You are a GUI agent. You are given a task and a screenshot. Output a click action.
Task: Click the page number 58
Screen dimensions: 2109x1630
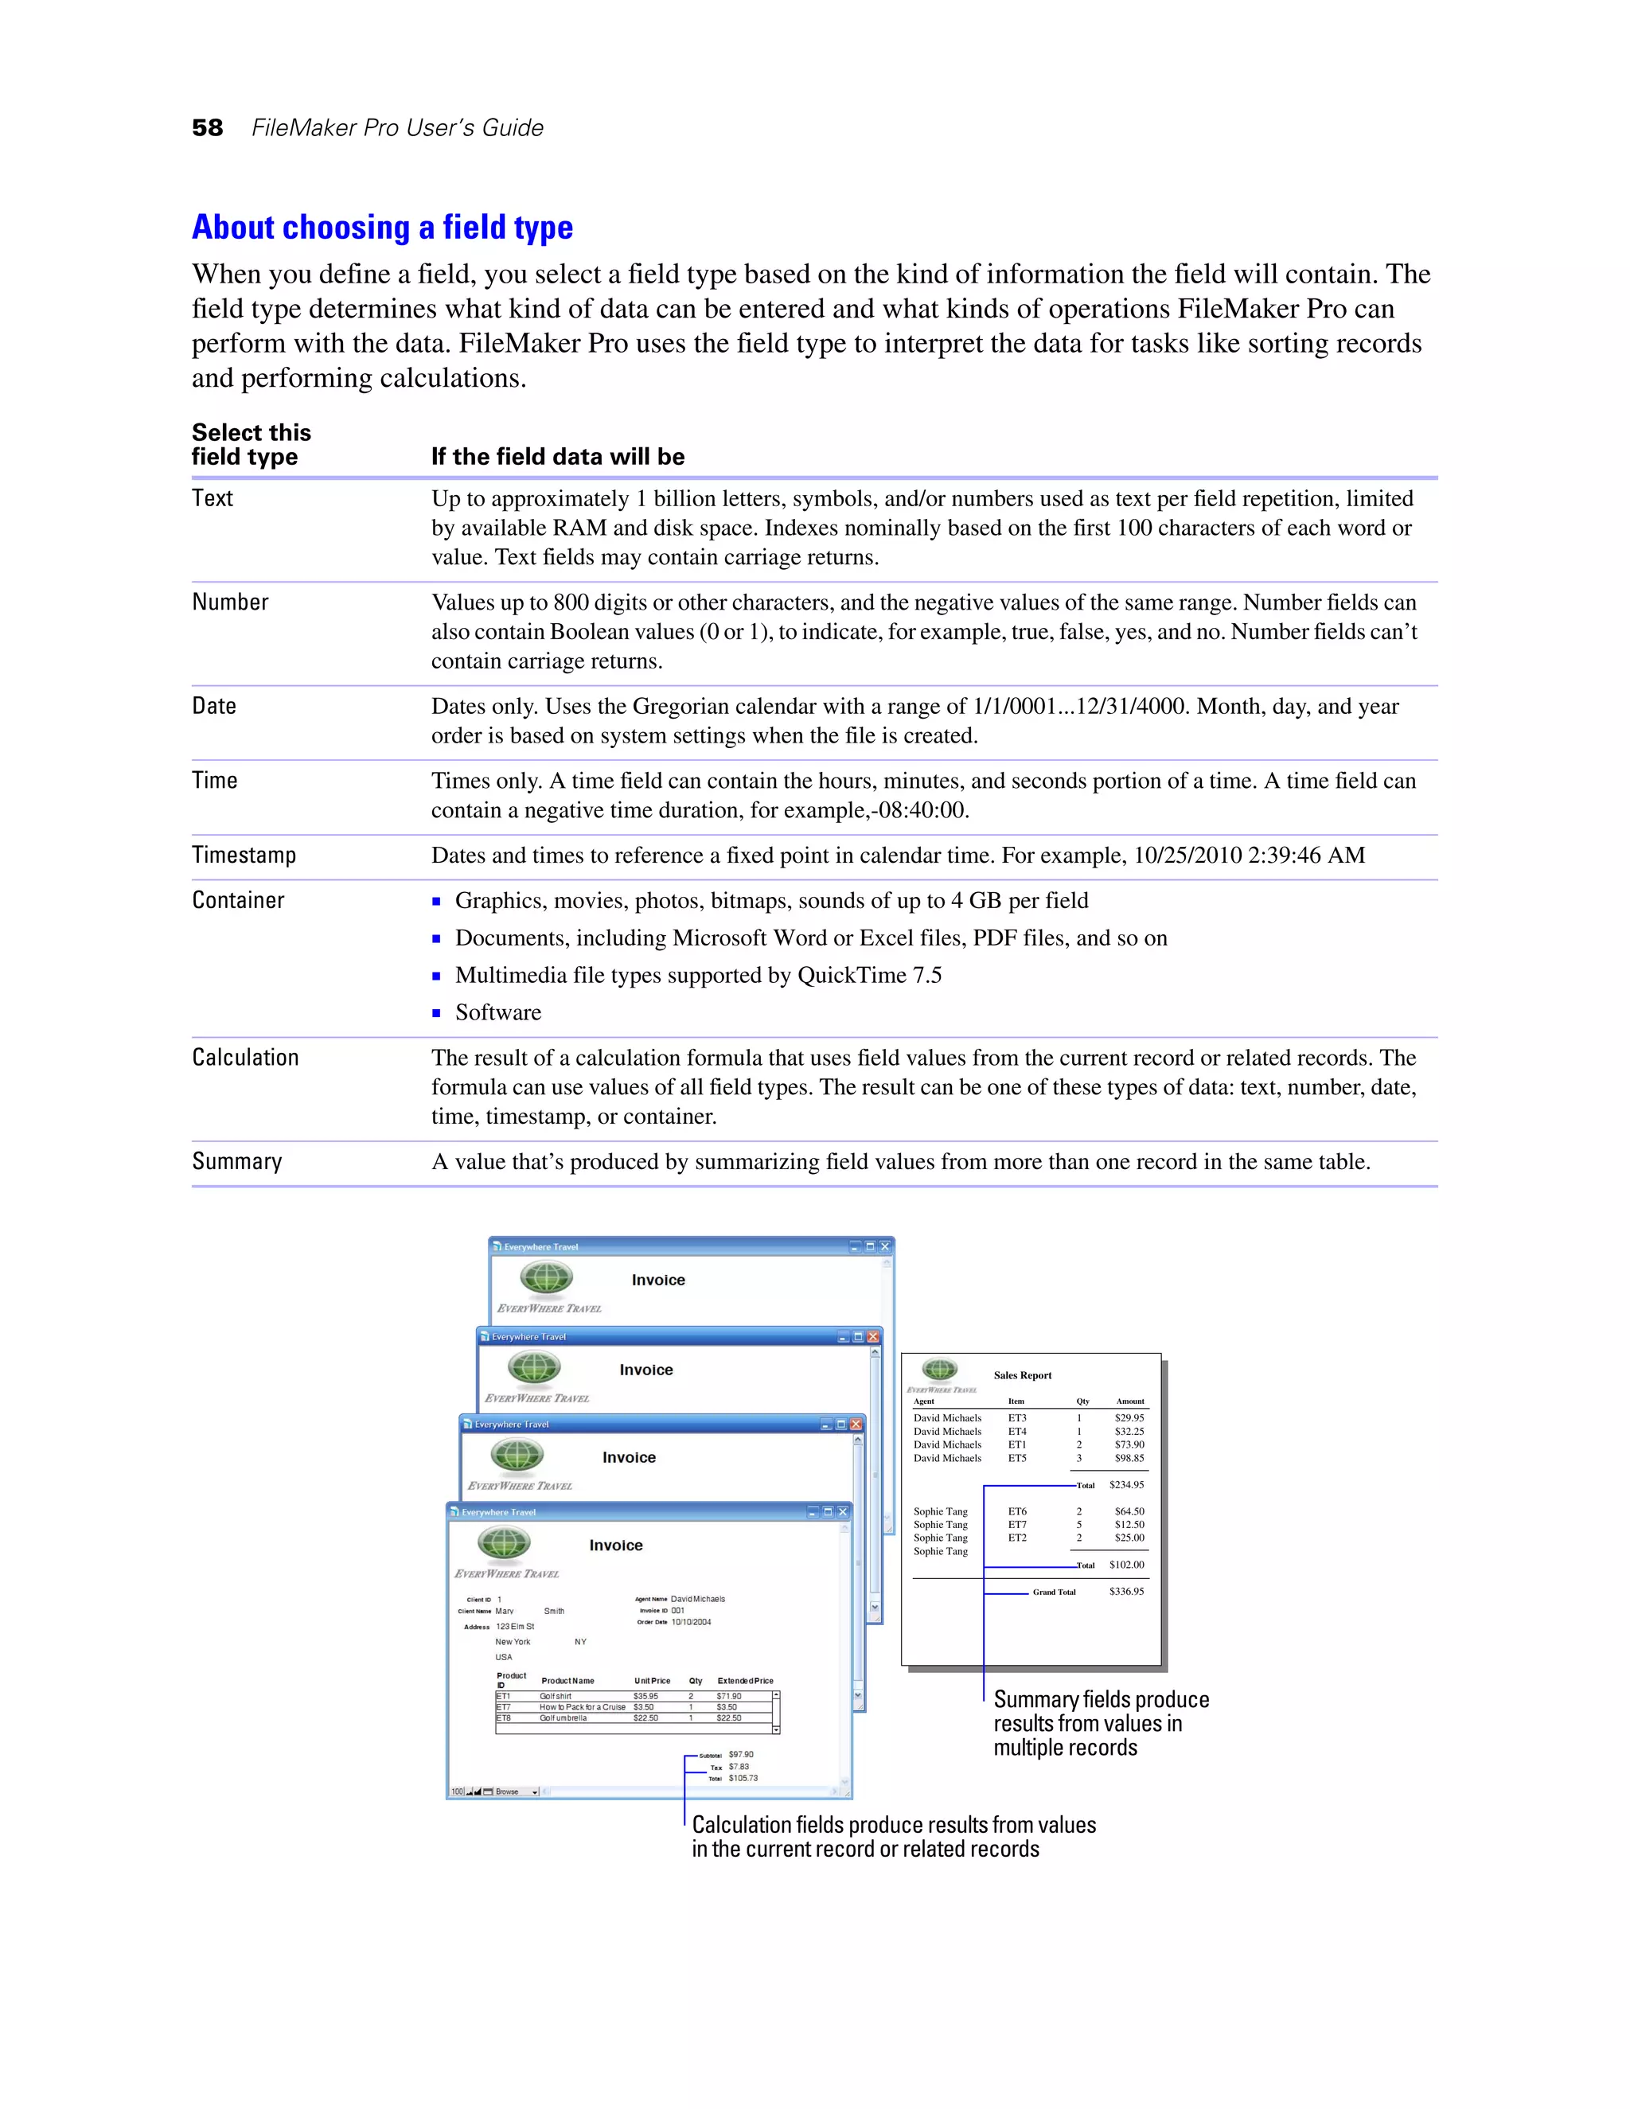(208, 128)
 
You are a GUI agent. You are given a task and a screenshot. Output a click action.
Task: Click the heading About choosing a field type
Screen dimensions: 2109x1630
(382, 228)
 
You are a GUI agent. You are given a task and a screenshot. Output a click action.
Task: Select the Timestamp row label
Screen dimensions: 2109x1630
(244, 856)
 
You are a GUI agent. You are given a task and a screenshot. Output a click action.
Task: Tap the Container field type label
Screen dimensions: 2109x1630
(237, 901)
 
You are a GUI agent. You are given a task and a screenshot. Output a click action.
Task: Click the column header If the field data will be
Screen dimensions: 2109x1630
(557, 457)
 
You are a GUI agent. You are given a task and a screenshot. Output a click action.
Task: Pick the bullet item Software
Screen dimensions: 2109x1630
(497, 1013)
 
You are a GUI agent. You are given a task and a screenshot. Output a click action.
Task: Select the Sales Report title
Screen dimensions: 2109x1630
(1022, 1375)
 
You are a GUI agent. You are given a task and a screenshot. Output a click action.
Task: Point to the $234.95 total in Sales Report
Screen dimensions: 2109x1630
(1126, 1485)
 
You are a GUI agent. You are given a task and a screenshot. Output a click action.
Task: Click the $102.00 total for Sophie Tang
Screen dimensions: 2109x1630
(1126, 1565)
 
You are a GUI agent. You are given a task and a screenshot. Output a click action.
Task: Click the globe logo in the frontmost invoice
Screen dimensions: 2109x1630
(504, 1543)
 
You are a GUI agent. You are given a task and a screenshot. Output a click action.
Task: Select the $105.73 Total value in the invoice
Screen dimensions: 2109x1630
(743, 1778)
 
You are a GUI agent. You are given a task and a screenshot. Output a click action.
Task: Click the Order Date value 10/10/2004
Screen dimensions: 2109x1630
(692, 1622)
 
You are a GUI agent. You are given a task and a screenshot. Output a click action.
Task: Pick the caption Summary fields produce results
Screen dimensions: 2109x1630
(1100, 1724)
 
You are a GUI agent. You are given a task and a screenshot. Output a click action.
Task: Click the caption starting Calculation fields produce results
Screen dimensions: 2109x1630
(893, 1837)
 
